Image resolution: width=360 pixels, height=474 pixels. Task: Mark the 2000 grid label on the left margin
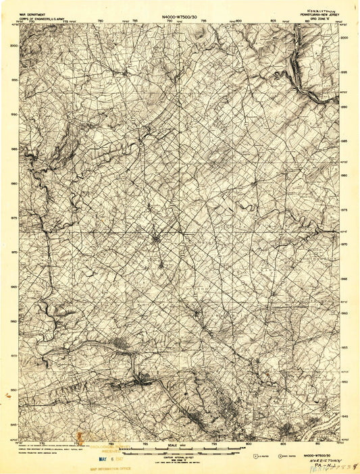coord(14,46)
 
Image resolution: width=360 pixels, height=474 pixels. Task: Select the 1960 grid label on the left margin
coord(14,321)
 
